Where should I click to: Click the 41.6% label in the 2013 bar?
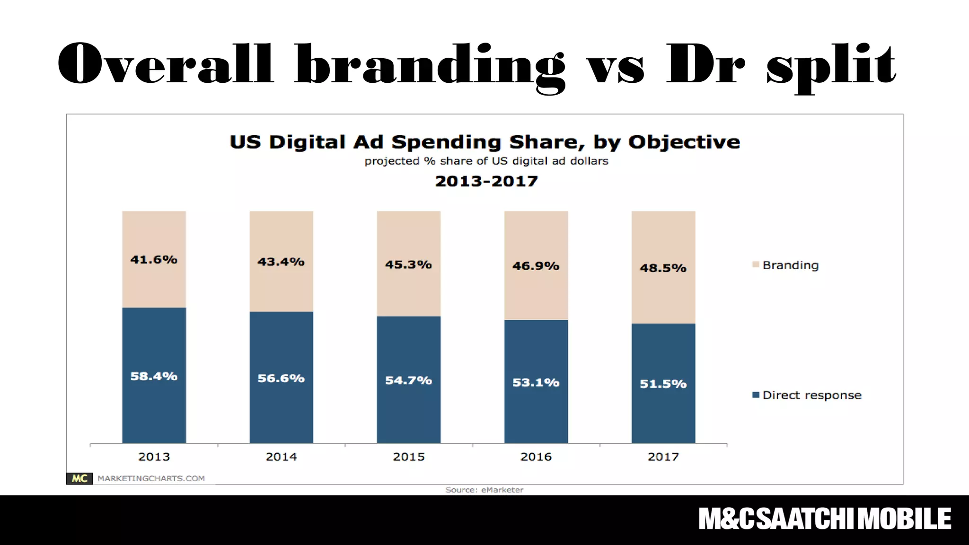(154, 260)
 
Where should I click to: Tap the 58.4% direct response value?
(154, 376)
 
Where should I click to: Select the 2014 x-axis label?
(281, 457)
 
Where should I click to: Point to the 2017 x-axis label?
(663, 457)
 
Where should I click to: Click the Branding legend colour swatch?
(756, 264)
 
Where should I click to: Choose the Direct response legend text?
(812, 395)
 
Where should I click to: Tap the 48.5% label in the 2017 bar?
(663, 268)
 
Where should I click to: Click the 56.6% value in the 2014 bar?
(281, 378)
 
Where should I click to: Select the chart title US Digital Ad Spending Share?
(484, 142)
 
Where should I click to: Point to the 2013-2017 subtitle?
(486, 181)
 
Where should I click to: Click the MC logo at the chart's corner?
(79, 478)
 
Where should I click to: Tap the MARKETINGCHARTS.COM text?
(151, 478)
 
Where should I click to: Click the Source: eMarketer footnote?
(484, 490)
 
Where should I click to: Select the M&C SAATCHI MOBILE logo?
(825, 519)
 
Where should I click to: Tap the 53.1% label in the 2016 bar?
(536, 383)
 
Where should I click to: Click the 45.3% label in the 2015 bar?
(408, 264)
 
